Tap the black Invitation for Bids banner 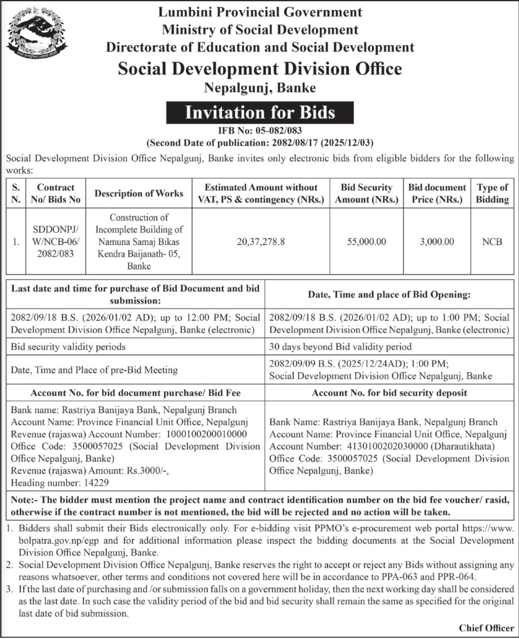[x=260, y=112]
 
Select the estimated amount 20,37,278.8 [x=261, y=242]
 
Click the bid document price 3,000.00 [x=437, y=242]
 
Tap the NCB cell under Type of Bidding [x=492, y=242]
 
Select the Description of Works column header [x=139, y=193]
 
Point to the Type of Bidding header [x=492, y=193]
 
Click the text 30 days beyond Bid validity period [x=340, y=346]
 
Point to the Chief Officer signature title [x=486, y=628]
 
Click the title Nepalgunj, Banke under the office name [x=260, y=87]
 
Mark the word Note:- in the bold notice [x=26, y=500]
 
